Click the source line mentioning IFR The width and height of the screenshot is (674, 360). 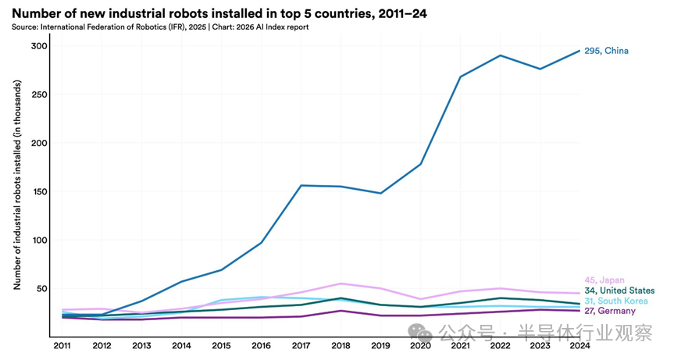click(160, 27)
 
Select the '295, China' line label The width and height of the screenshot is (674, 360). click(606, 51)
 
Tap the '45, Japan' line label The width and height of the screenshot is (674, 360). click(604, 280)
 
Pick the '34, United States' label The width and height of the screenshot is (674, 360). click(619, 290)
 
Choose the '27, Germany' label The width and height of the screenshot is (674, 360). click(609, 311)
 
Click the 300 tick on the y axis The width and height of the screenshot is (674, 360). click(39, 46)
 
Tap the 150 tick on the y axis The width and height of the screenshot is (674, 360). click(39, 191)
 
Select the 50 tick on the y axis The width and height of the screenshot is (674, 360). click(41, 288)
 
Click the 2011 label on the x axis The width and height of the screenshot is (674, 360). click(62, 344)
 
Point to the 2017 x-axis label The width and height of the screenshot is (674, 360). click(301, 344)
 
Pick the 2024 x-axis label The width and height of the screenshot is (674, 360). click(579, 344)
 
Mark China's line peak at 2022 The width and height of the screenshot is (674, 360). click(500, 55)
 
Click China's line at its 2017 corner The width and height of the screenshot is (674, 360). click(301, 185)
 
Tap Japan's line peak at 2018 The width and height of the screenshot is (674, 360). click(341, 283)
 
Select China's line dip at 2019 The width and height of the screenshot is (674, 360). click(380, 193)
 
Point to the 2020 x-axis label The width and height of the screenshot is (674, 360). click(421, 344)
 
